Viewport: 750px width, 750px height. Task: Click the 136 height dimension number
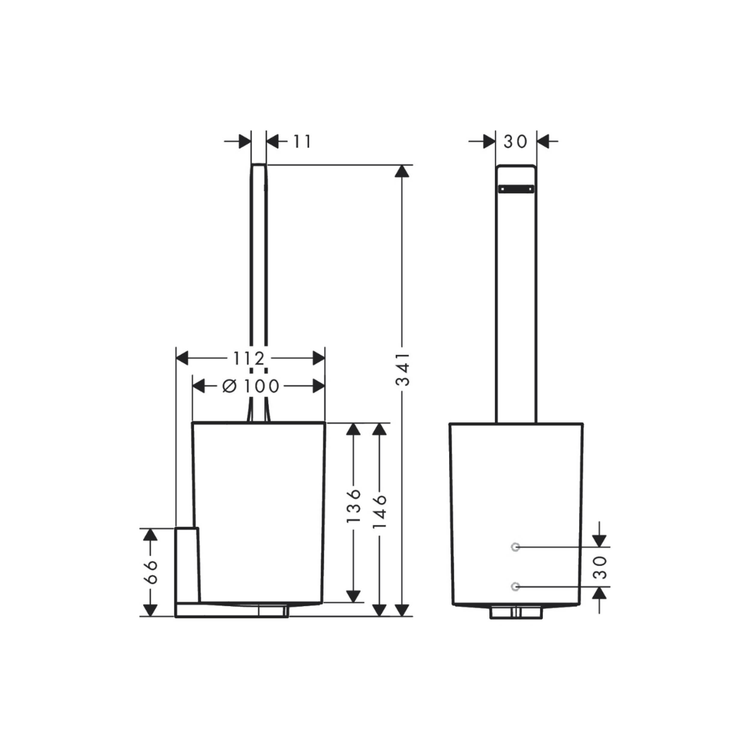tap(354, 505)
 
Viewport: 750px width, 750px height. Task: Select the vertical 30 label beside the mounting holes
tap(600, 567)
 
